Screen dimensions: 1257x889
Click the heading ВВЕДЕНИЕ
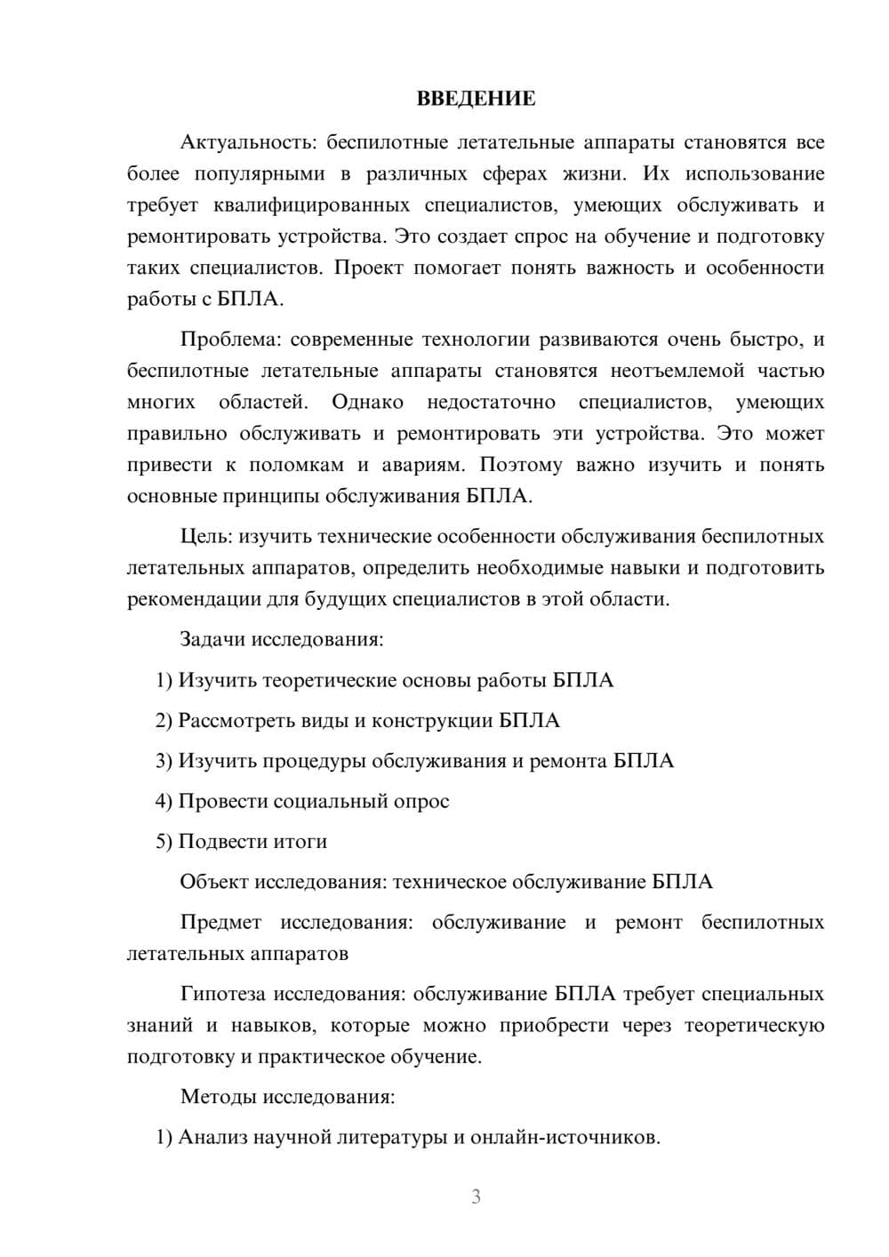pos(476,99)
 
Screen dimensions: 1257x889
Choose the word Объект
pos(213,882)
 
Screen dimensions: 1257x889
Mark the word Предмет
pos(220,922)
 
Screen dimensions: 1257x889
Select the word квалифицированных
pos(312,205)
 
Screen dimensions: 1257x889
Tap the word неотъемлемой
pos(677,371)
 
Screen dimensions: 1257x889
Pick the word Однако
pos(367,402)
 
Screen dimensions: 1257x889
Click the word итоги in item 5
pos(300,841)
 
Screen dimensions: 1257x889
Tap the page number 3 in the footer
pos(476,1197)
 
